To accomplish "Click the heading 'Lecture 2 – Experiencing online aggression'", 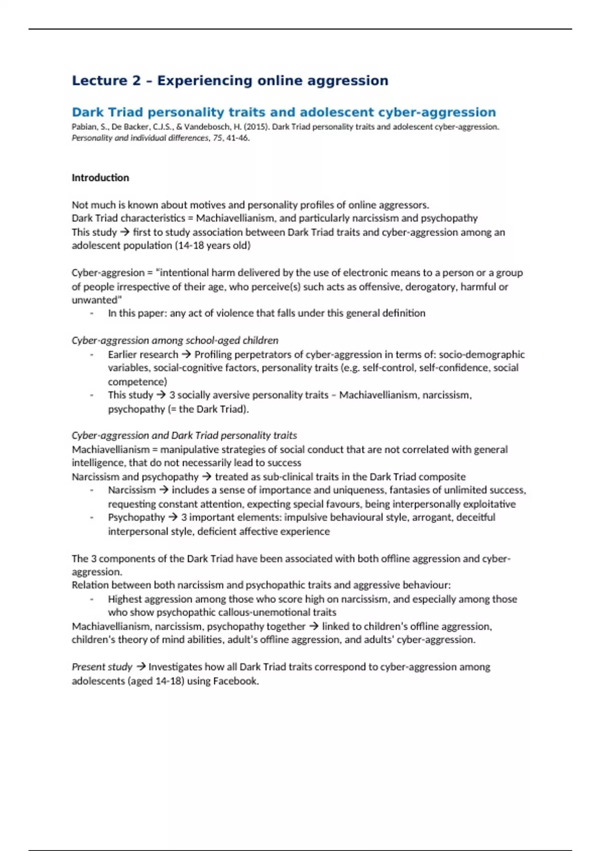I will pyautogui.click(x=230, y=81).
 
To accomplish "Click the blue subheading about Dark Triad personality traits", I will pyautogui.click(x=283, y=112).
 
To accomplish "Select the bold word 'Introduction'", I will pyautogui.click(x=100, y=178).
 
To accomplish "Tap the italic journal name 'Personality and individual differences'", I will pyautogui.click(x=140, y=138).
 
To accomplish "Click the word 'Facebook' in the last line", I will pyautogui.click(x=235, y=681).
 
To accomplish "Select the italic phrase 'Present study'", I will pyautogui.click(x=102, y=667).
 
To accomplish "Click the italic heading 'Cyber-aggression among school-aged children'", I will pyautogui.click(x=175, y=340).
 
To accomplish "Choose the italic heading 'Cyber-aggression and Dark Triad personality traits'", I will pyautogui.click(x=184, y=436).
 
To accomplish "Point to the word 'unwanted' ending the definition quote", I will pyautogui.click(x=95, y=300).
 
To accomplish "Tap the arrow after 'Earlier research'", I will pyautogui.click(x=186, y=354).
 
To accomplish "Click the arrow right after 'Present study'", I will pyautogui.click(x=141, y=667).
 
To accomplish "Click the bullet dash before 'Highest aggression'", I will pyautogui.click(x=92, y=599).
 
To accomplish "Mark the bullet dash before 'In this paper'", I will pyautogui.click(x=92, y=313).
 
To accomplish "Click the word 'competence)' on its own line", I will pyautogui.click(x=137, y=381).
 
